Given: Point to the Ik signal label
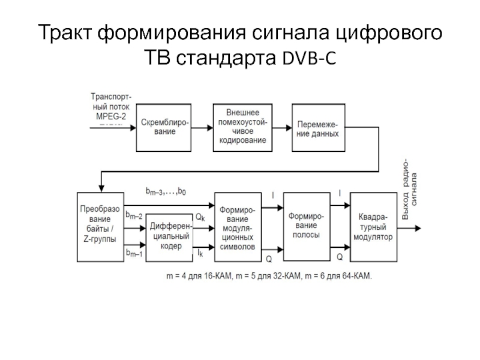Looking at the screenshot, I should point(199,254).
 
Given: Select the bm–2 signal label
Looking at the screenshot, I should point(133,215).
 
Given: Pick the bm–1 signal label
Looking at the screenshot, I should point(133,254).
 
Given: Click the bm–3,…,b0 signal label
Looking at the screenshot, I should point(166,191).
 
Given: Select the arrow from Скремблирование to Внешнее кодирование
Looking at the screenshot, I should point(204,127).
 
